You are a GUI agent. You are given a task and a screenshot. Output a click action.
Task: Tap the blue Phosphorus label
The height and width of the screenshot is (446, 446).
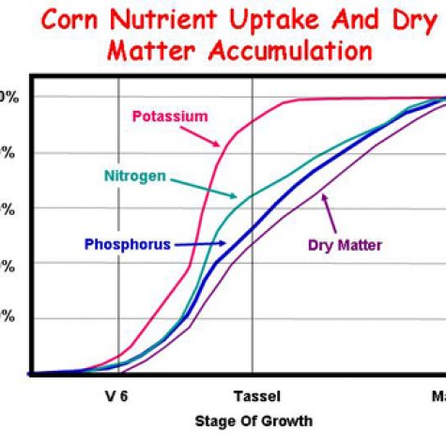pyautogui.click(x=127, y=244)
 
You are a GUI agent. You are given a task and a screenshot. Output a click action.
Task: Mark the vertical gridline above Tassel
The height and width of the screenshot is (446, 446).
pyautogui.click(x=253, y=310)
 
